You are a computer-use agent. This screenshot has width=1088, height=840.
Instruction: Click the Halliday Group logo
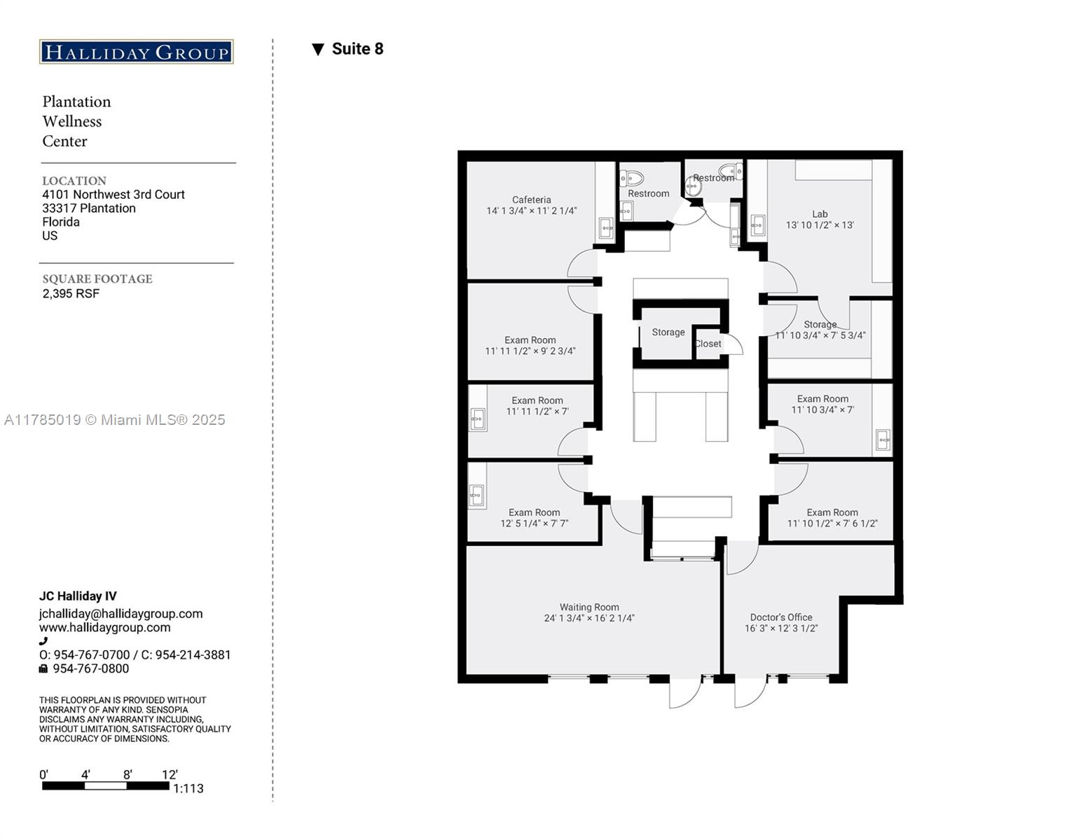(136, 52)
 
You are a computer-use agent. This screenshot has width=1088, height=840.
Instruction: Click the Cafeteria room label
(531, 199)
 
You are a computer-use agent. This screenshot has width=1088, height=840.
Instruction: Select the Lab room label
(820, 213)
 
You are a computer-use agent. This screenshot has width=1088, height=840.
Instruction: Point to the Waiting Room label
(589, 607)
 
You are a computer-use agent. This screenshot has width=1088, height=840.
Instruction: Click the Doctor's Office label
(781, 617)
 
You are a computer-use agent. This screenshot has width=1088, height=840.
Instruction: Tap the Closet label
(708, 344)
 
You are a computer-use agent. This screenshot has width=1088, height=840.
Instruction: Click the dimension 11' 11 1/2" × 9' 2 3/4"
(530, 351)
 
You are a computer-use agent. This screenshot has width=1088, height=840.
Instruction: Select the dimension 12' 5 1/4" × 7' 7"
(535, 524)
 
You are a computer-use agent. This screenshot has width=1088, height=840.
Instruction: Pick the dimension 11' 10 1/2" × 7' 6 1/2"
(832, 524)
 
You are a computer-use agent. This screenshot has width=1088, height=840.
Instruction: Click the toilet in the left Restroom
(632, 178)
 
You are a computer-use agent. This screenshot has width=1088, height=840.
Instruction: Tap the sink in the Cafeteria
(607, 228)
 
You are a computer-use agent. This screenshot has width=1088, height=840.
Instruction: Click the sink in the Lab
(757, 225)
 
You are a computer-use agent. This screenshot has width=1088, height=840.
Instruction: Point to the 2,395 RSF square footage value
(71, 294)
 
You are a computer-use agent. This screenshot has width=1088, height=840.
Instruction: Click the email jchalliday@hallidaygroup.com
(120, 614)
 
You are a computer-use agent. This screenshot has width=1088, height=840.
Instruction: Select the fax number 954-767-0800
(90, 668)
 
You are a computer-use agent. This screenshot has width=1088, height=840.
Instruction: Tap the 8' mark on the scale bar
(128, 775)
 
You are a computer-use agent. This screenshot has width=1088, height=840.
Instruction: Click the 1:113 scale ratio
(188, 788)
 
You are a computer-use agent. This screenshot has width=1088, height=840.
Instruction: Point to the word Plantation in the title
(76, 101)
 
